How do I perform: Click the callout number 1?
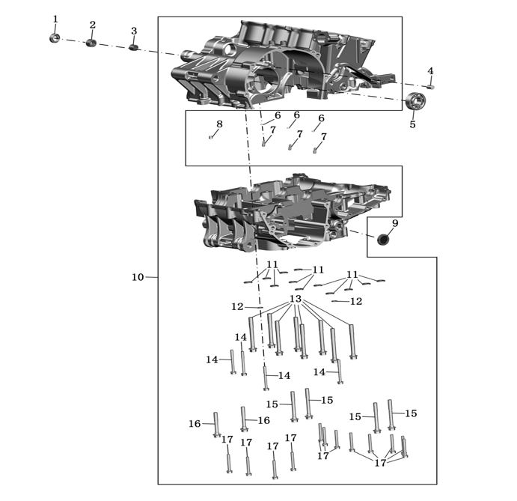[55, 19]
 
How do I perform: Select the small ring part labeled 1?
[55, 38]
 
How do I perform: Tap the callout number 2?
[93, 25]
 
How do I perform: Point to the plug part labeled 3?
[133, 47]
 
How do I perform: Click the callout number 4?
[430, 70]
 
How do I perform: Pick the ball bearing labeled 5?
[416, 100]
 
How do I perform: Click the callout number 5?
[412, 124]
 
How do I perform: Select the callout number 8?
[219, 124]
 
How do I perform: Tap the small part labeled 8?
[210, 136]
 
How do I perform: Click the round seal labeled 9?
[382, 240]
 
